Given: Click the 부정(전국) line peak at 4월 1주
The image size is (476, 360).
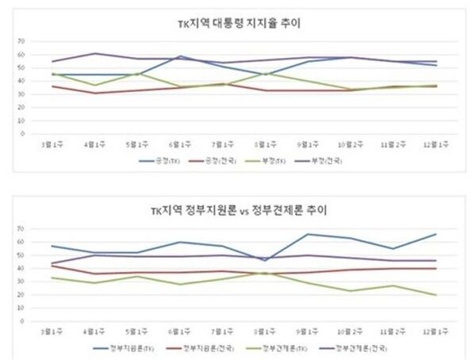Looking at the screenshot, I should pos(96,53).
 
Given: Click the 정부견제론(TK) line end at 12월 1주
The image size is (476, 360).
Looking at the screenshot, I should pos(437,295).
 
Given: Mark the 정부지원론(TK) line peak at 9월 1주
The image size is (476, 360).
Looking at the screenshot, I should pos(309,234).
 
